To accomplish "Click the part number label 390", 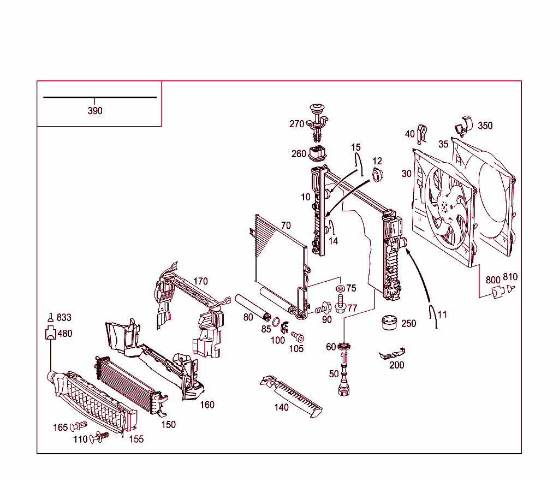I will pos(95,111).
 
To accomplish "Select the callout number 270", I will pos(296,124).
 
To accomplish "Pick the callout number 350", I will pos(485,126).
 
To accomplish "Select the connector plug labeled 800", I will pos(497,293).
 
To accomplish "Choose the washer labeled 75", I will pos(340,288).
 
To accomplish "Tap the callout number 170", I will pos(200,282).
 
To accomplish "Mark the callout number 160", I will pos(207,405).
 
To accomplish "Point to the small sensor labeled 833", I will pos(50,317).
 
